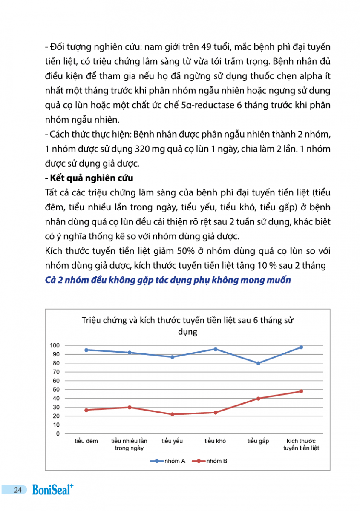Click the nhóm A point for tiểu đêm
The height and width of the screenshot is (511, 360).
click(86, 350)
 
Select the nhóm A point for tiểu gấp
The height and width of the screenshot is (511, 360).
click(258, 363)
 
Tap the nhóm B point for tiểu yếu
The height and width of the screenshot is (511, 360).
click(172, 414)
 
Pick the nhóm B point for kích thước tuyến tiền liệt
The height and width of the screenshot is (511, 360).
click(301, 391)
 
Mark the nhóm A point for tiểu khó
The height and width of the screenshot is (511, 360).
click(215, 349)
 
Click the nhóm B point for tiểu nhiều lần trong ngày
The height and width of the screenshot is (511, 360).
click(129, 408)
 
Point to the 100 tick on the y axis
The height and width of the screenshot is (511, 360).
click(56, 345)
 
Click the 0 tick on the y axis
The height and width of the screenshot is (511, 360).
click(58, 434)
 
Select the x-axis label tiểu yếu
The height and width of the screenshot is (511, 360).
click(172, 441)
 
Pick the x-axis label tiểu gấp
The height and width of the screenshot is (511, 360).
click(258, 441)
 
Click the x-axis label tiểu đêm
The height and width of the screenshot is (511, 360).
click(86, 441)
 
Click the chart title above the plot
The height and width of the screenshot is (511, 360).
click(187, 326)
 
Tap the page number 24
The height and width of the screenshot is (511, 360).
click(17, 490)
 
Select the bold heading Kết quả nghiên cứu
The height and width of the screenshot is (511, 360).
click(92, 178)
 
